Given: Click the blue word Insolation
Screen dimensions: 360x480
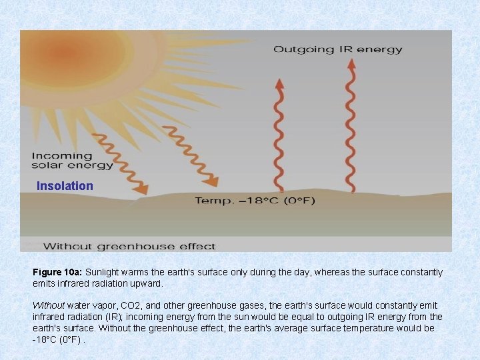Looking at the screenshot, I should pyautogui.click(x=65, y=186).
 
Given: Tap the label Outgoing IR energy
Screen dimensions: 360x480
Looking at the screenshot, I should pyautogui.click(x=338, y=49).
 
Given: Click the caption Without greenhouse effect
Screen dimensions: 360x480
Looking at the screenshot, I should pyautogui.click(x=129, y=246).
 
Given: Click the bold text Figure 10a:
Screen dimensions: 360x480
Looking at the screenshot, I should pyautogui.click(x=57, y=273).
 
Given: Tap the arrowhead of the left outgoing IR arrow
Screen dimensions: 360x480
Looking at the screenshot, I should pyautogui.click(x=280, y=84).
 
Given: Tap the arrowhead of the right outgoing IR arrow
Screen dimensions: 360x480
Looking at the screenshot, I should pyautogui.click(x=349, y=65).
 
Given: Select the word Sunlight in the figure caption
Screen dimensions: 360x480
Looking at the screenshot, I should pyautogui.click(x=103, y=273).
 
